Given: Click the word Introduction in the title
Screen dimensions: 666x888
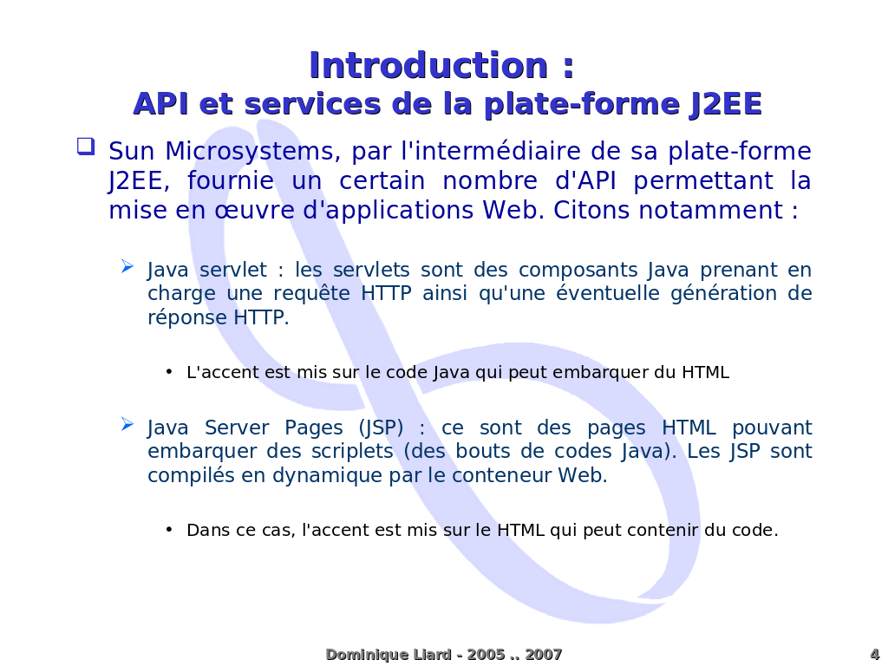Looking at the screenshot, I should pyautogui.click(x=428, y=66).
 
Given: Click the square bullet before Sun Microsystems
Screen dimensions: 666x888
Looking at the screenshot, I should pyautogui.click(x=85, y=146).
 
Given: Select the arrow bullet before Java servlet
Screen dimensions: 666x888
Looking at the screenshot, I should pyautogui.click(x=127, y=266).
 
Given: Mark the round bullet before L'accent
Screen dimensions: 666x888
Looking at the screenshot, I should pyautogui.click(x=169, y=373).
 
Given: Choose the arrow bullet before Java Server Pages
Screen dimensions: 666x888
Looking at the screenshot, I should pyautogui.click(x=127, y=424).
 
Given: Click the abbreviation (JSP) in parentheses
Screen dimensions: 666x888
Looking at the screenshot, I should pyautogui.click(x=381, y=428).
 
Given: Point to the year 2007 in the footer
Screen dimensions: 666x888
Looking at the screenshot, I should pyautogui.click(x=544, y=655).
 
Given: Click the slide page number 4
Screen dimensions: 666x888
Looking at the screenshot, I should pyautogui.click(x=874, y=655).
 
